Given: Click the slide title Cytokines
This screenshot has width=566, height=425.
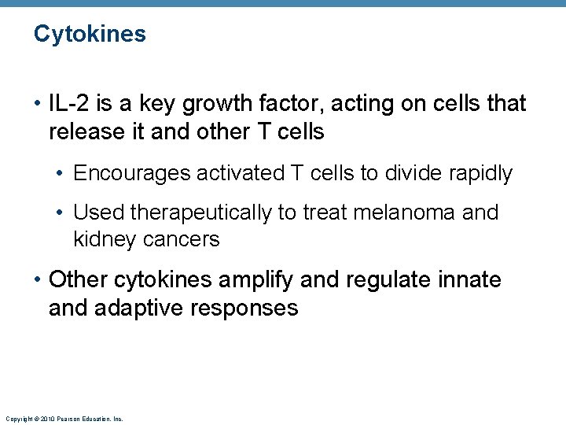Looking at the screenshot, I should pos(90,34).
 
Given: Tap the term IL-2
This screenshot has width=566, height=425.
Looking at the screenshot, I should pos(67,103).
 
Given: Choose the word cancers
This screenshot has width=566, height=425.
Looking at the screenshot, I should pos(182,238).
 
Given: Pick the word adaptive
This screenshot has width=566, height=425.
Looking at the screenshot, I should pos(138,308).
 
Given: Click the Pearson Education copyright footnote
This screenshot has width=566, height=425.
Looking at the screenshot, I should pos(64,419).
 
